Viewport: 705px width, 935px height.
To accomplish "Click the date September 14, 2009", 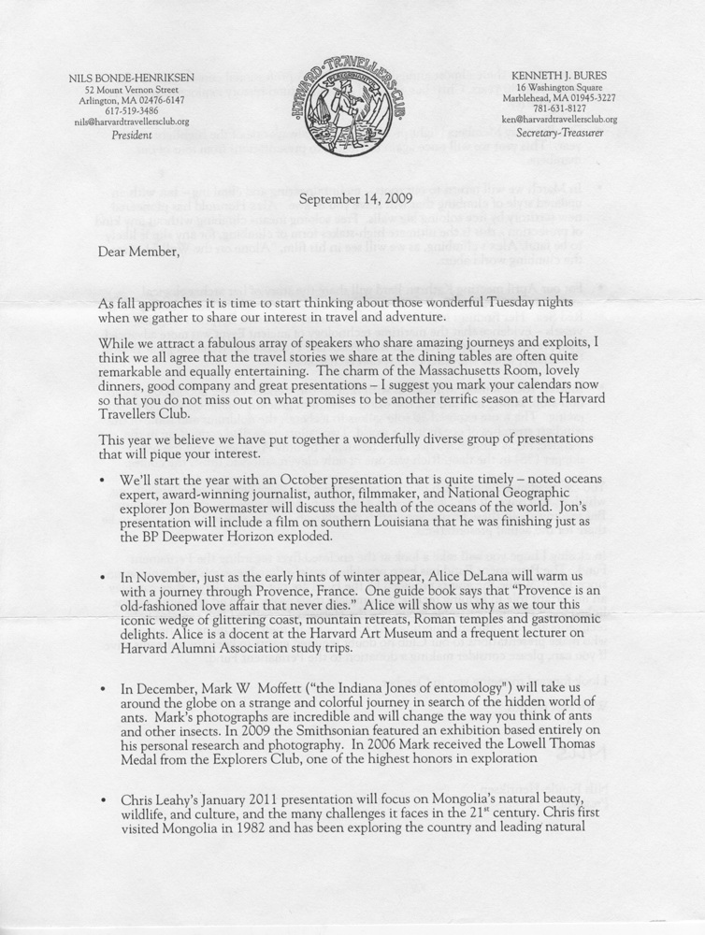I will coord(352,199).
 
